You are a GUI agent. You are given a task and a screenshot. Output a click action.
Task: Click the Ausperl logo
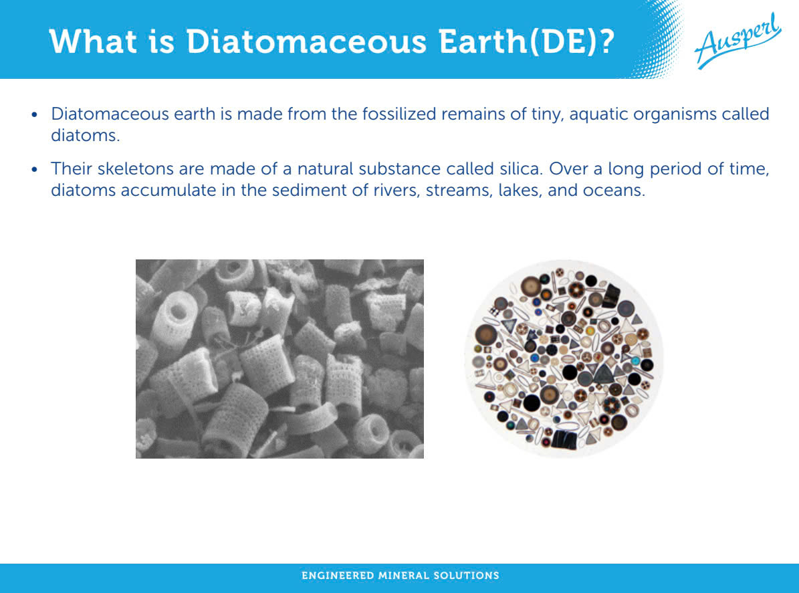(737, 41)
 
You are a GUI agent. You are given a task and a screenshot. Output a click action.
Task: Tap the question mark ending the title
(605, 41)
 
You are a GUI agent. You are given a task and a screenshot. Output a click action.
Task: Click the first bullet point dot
(35, 114)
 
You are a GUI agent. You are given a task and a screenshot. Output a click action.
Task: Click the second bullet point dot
(35, 169)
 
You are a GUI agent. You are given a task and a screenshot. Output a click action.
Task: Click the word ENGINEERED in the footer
(338, 576)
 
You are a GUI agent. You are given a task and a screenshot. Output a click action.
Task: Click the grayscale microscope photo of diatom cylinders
(279, 358)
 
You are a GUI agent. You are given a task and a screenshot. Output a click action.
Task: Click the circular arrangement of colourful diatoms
(564, 358)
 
